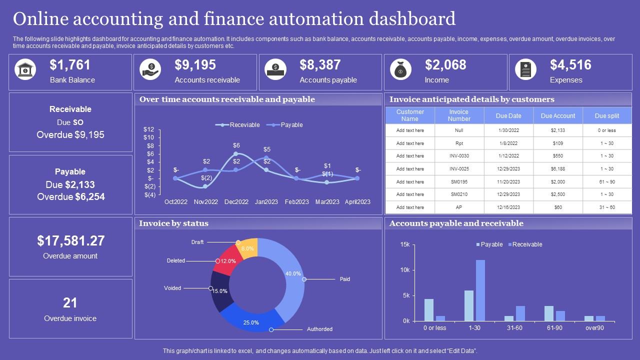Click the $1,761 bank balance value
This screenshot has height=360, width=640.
tap(70, 65)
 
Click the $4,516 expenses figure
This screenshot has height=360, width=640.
tap(570, 65)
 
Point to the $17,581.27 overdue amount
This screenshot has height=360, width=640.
tap(70, 241)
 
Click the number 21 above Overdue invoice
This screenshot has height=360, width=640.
tap(70, 303)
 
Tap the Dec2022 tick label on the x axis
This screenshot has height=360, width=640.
tap(236, 202)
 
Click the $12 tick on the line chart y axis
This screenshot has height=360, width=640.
tap(149, 129)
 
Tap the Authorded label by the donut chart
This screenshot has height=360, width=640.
tap(319, 329)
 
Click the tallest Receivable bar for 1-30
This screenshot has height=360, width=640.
tap(480, 290)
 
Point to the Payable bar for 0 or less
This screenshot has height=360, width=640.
tap(429, 309)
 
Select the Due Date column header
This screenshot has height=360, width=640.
tap(508, 116)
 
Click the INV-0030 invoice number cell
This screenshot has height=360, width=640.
tap(459, 156)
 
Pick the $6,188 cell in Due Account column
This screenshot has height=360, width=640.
tap(557, 169)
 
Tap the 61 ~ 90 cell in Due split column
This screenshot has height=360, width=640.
tap(607, 182)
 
